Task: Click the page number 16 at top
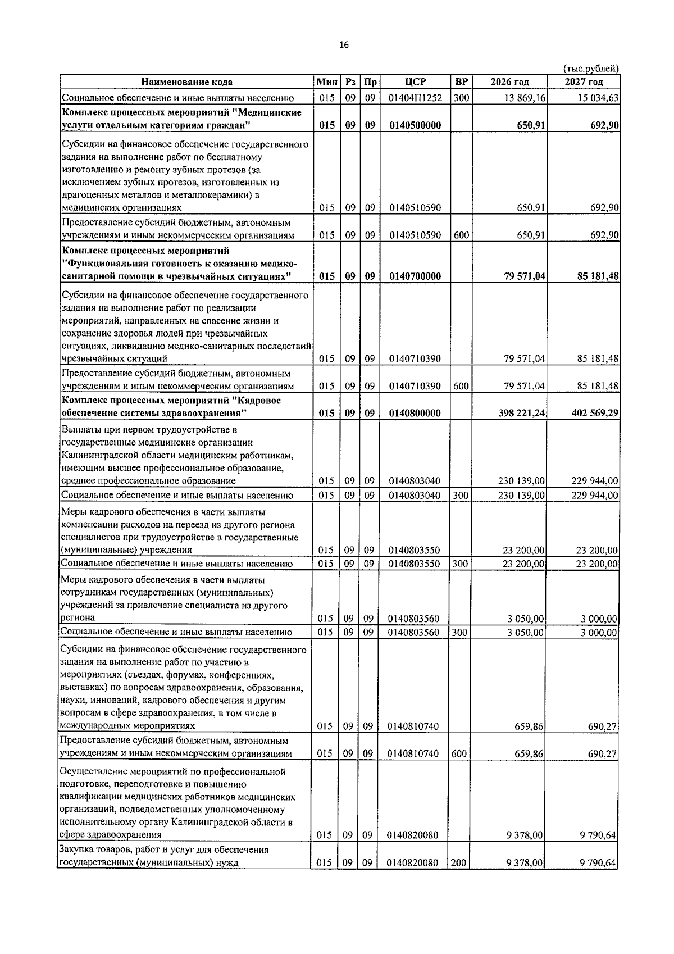(x=344, y=46)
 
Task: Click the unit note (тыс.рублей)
(x=590, y=69)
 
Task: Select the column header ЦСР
(x=415, y=82)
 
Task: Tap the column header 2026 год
(x=509, y=82)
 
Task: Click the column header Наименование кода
(x=186, y=82)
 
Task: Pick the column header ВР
(x=461, y=82)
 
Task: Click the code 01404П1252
(x=415, y=98)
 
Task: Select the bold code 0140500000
(x=415, y=125)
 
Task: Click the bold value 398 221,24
(x=521, y=413)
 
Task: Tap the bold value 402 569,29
(x=595, y=413)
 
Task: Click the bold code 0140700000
(x=415, y=276)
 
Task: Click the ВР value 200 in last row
(x=458, y=878)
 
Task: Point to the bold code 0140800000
(x=415, y=413)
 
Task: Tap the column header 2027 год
(x=584, y=82)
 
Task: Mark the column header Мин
(x=326, y=82)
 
